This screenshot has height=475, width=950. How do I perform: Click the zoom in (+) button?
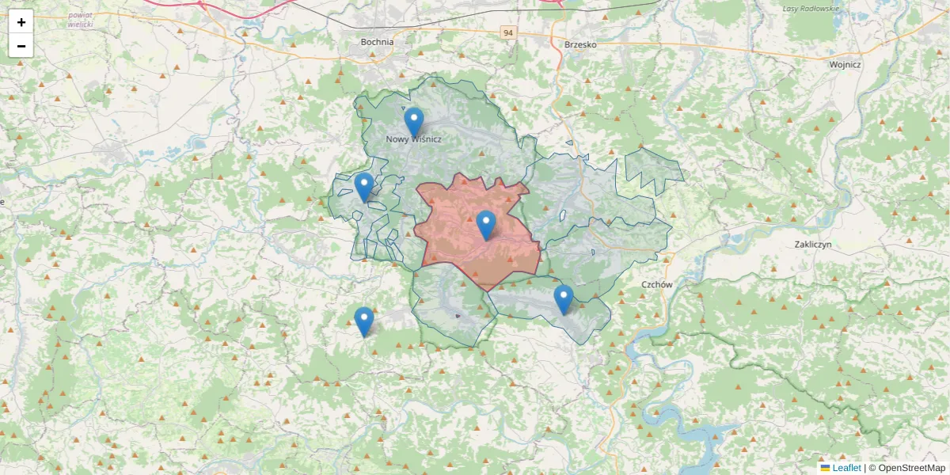tap(21, 22)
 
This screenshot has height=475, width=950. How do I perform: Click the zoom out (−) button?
tap(21, 46)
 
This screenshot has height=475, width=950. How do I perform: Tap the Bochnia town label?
tap(377, 42)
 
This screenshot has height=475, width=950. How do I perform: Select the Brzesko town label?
tap(580, 45)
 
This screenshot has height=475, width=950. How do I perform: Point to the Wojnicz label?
tap(845, 65)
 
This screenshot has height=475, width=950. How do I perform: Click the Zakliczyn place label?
tap(812, 245)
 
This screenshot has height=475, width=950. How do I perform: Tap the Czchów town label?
tap(657, 284)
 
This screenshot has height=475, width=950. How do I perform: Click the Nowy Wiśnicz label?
tap(413, 139)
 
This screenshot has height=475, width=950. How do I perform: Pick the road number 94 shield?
tap(508, 32)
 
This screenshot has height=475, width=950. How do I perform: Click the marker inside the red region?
tap(486, 226)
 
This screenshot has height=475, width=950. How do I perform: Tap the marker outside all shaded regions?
tap(363, 321)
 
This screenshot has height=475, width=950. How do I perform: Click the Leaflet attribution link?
tap(846, 468)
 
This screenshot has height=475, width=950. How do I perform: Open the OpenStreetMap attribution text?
tap(906, 468)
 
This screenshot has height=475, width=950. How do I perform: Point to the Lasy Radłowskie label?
tap(809, 8)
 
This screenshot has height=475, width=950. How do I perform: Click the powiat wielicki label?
tap(81, 20)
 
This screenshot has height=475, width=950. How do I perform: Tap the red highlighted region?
tap(459, 237)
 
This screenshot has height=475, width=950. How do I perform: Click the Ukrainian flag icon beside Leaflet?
tap(825, 468)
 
